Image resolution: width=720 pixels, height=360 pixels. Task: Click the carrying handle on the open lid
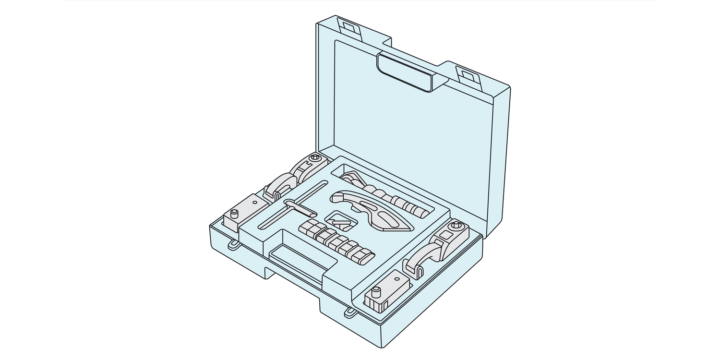tap(405, 72)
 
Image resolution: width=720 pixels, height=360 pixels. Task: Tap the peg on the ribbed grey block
tap(377, 291)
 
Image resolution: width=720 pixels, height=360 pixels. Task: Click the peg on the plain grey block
tap(235, 213)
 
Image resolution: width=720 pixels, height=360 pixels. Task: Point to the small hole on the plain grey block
tap(254, 202)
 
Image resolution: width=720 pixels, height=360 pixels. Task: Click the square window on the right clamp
tap(445, 235)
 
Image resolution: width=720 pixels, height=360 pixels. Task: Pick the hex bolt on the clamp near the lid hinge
tap(315, 157)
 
